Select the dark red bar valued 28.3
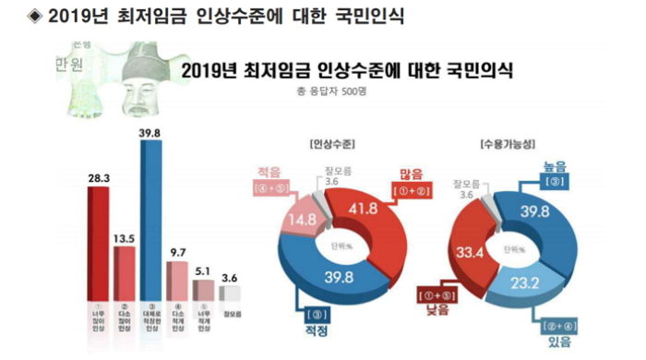point(100,239)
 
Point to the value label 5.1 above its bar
point(202,272)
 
